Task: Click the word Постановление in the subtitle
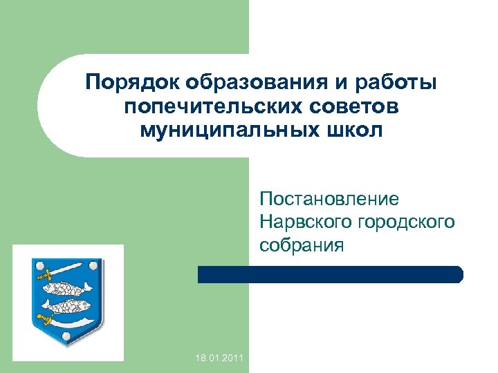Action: (329, 200)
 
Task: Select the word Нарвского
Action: (306, 222)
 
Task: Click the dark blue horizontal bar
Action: (330, 274)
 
